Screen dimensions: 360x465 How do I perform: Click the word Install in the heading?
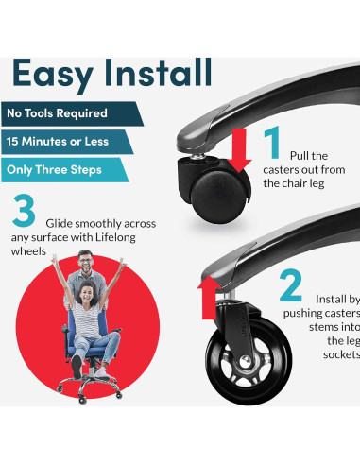click(158, 72)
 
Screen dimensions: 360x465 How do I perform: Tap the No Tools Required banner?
click(72, 113)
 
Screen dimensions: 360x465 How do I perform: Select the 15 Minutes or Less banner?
click(67, 142)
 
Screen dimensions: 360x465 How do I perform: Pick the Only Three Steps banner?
click(64, 170)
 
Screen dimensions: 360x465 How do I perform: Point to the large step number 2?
click(290, 285)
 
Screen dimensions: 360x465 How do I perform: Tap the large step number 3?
click(24, 210)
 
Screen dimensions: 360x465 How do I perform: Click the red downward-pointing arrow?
click(239, 150)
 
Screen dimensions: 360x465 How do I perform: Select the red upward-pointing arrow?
click(209, 297)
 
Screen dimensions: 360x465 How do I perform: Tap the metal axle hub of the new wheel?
click(246, 362)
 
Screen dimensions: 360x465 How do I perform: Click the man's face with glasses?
click(85, 262)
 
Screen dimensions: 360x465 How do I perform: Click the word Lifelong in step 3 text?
click(115, 237)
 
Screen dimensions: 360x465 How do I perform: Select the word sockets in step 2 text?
click(341, 354)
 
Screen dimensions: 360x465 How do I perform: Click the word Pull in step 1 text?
click(298, 156)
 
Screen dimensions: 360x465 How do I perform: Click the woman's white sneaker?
click(100, 372)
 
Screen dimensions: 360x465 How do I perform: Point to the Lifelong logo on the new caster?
click(243, 322)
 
